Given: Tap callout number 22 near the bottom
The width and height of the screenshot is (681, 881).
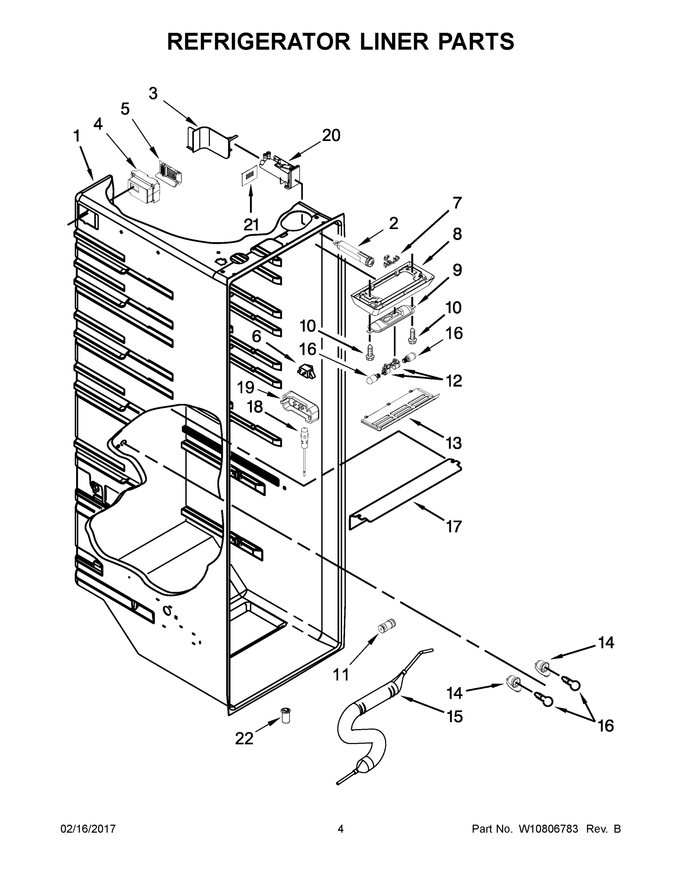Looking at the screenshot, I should point(244,738).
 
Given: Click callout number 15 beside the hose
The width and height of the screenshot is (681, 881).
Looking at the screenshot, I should point(454,717).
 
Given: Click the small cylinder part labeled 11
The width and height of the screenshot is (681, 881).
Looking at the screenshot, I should point(387,627).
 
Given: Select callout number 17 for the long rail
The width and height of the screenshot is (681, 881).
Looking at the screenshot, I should point(454,526).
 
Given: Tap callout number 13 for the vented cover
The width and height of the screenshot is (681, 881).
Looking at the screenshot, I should point(454,443).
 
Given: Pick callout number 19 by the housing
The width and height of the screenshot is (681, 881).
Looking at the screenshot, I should point(245,388).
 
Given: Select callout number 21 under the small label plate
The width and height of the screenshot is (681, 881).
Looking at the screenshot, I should point(251,225).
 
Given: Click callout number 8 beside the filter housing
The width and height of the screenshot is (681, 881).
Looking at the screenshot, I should point(457,234).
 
